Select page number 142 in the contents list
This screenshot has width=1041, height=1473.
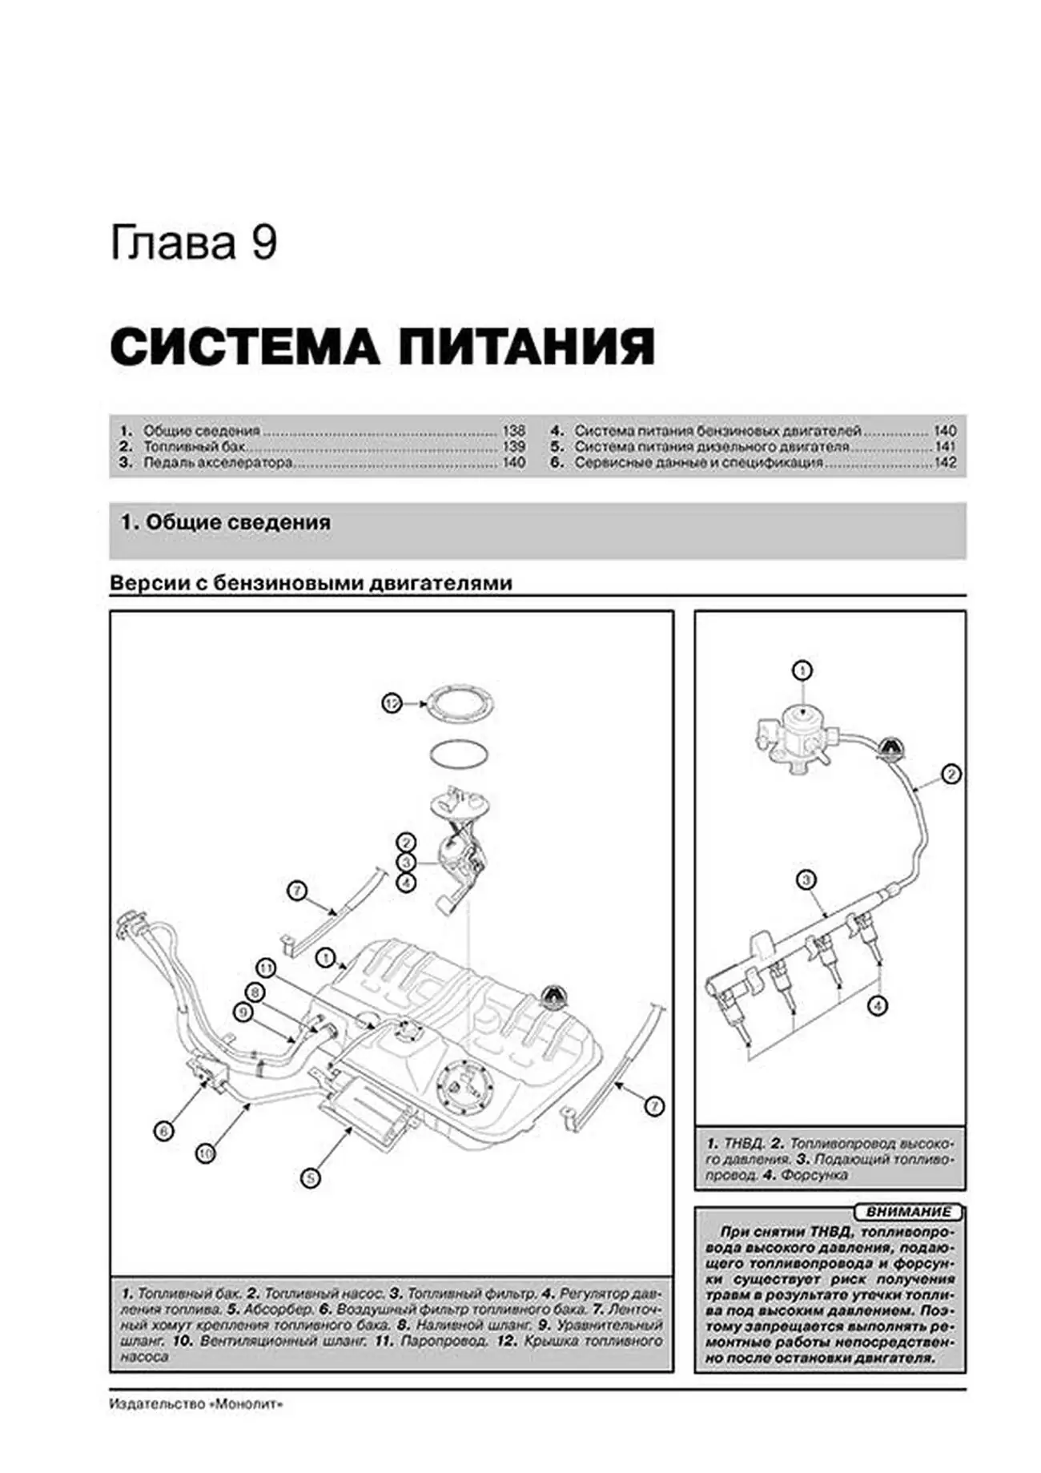click(945, 463)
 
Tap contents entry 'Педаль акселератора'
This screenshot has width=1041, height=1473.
click(217, 463)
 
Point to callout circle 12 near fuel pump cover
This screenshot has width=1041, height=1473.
click(391, 703)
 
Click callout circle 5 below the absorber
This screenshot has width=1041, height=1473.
click(311, 1177)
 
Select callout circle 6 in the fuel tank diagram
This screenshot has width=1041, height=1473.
click(163, 1131)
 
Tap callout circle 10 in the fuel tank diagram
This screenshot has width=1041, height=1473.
click(206, 1153)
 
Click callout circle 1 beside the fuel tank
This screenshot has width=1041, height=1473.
click(324, 956)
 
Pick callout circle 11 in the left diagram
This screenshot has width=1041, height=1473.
click(265, 968)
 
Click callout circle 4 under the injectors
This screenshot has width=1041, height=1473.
click(878, 1005)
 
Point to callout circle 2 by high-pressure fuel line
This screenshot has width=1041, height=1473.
click(951, 775)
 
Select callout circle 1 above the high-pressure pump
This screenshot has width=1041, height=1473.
click(802, 670)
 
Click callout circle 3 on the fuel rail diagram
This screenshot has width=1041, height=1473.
click(806, 880)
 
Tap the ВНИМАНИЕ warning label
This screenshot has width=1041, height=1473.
click(908, 1212)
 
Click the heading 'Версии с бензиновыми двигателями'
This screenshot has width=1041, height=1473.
click(311, 583)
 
